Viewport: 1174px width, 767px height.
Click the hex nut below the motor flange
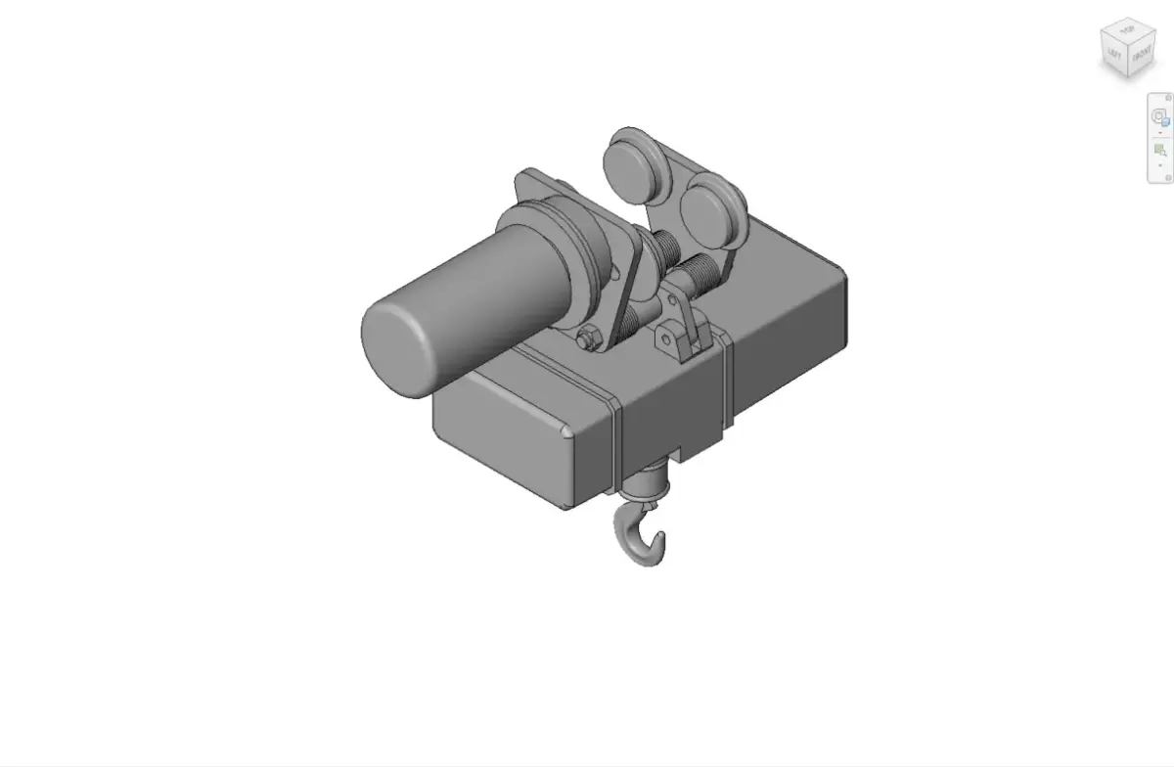point(587,339)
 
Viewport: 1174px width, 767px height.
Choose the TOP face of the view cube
point(1127,31)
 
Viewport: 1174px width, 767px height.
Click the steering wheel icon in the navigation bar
point(1159,116)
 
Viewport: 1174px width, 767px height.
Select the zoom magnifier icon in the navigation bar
point(1160,150)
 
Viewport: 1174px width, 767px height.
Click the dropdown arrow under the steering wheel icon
point(1160,132)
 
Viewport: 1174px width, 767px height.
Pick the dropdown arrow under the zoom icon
point(1160,165)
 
